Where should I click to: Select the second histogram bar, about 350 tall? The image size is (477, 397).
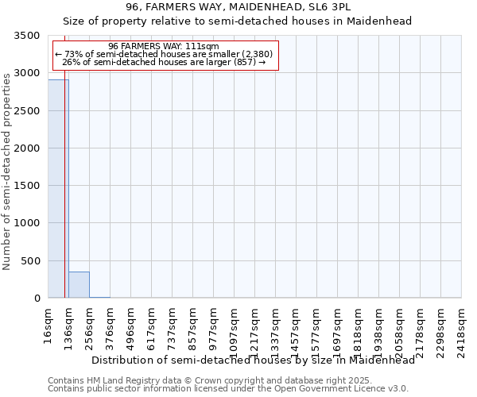click(79, 285)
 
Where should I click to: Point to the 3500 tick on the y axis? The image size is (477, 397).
click(27, 36)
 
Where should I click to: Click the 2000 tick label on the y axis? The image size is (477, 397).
click(27, 148)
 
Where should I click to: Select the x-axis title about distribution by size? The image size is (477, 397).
click(253, 360)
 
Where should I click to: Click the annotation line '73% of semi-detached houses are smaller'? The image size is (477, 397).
click(165, 54)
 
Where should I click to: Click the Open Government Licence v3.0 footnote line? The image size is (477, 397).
click(228, 389)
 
